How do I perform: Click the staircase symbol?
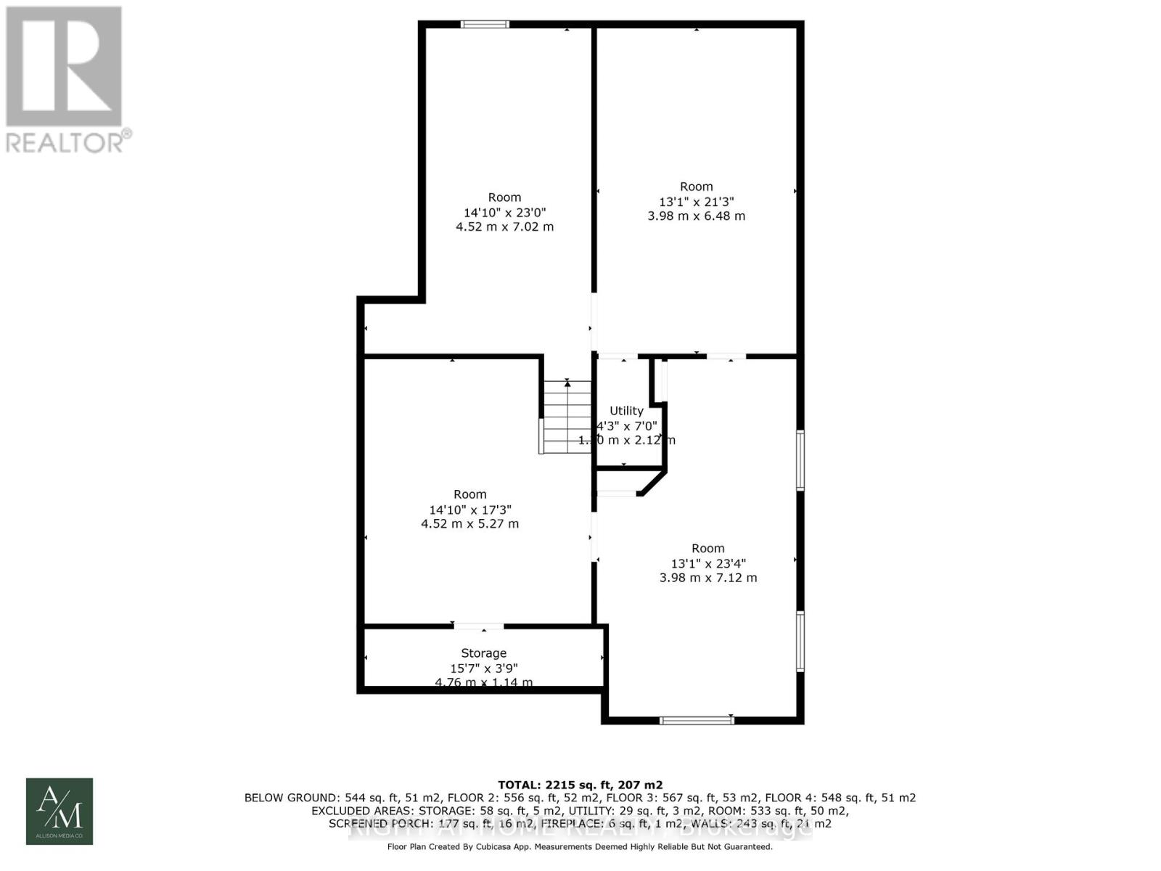pos(567,417)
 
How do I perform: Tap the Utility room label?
pos(626,411)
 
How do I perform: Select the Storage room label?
pos(483,653)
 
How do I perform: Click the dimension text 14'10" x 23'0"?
pos(504,213)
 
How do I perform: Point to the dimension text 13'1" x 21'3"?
pos(696,202)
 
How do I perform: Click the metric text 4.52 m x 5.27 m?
pos(469,523)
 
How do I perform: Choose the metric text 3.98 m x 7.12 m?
pos(707,578)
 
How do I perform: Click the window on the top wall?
pos(485,25)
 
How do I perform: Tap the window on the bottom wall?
pos(697,720)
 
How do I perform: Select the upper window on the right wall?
pos(800,461)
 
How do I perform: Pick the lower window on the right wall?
pos(800,641)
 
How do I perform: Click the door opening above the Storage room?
pos(478,626)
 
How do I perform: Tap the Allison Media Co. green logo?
pos(60,811)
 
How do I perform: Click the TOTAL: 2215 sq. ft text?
pos(580,785)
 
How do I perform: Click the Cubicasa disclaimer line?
pos(580,846)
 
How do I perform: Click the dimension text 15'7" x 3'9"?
pos(483,668)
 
